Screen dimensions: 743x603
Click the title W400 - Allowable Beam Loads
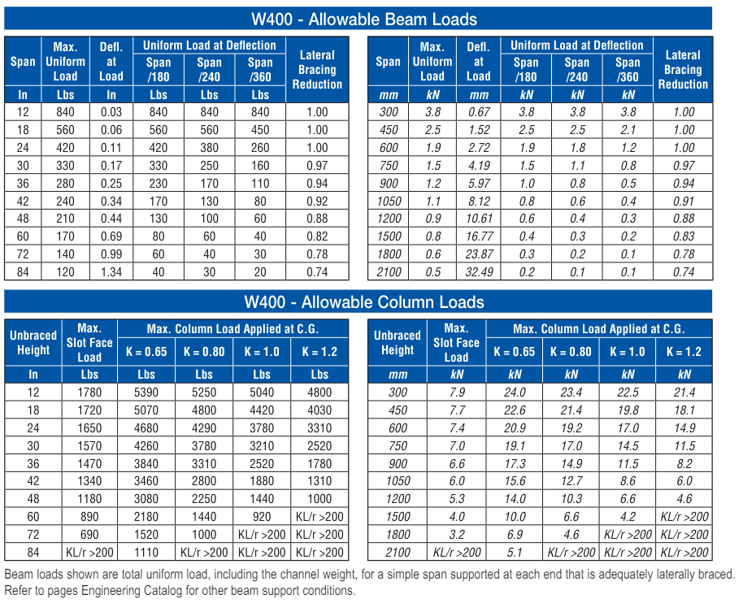coord(364,20)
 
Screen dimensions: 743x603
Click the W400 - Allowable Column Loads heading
coord(364,302)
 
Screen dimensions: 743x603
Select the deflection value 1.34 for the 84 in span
coord(111,272)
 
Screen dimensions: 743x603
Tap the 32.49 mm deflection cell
coord(479,272)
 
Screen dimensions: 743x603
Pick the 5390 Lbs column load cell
coord(146,393)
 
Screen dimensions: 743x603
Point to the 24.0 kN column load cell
coord(515,393)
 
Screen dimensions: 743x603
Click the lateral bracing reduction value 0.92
coord(317,202)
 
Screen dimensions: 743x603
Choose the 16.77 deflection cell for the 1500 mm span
coord(479,236)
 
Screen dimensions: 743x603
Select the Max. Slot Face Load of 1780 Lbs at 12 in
coord(89,393)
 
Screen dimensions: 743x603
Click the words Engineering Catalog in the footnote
coord(131,591)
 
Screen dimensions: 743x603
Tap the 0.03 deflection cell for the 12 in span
coord(111,112)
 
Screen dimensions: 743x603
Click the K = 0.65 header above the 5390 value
coord(146,352)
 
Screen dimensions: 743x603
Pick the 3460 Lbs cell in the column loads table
coord(146,481)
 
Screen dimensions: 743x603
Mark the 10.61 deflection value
coord(479,219)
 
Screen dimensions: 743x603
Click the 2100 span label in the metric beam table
coord(389,272)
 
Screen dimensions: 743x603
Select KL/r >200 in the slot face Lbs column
coord(89,553)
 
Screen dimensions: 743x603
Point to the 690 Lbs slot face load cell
coord(89,535)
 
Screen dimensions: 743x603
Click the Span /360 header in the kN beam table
coord(628,70)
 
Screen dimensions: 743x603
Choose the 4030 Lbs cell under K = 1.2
coord(319,410)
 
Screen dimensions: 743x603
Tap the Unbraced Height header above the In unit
coord(33,343)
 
